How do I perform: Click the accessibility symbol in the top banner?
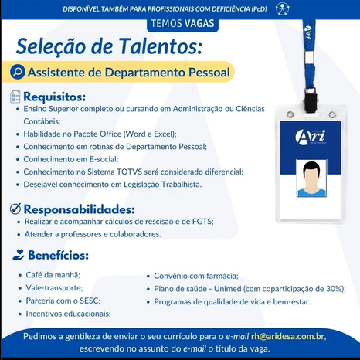click(x=282, y=9)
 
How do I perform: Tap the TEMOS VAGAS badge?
click(x=182, y=24)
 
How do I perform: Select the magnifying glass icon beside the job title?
click(x=18, y=72)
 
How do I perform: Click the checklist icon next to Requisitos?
click(x=15, y=97)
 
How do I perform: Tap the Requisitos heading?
click(x=54, y=97)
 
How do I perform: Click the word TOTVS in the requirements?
click(x=129, y=172)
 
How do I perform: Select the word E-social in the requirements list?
click(x=104, y=159)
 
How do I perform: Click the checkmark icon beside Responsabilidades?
click(x=15, y=209)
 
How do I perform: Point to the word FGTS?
click(x=202, y=222)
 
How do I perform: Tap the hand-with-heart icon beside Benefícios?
click(x=19, y=255)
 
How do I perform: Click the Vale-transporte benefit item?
click(x=54, y=288)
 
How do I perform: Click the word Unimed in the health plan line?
click(x=228, y=289)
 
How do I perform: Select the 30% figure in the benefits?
click(x=335, y=289)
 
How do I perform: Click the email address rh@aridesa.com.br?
click(x=287, y=337)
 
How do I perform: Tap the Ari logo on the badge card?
click(x=311, y=137)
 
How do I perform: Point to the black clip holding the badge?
click(x=311, y=100)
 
